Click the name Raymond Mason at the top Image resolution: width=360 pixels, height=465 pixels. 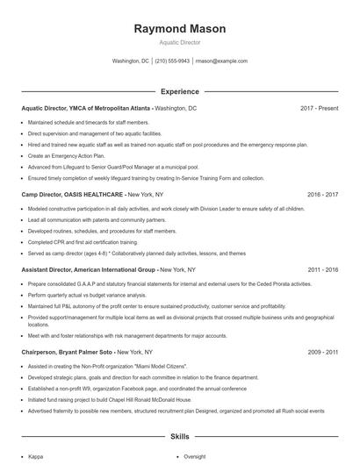(x=179, y=29)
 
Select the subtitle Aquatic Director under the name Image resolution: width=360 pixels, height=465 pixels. (x=179, y=42)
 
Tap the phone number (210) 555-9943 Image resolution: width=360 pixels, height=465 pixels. (x=173, y=61)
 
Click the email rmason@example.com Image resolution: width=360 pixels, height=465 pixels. (x=221, y=61)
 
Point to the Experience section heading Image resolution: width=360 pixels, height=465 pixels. (x=179, y=91)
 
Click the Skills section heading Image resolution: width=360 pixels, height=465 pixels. (x=179, y=436)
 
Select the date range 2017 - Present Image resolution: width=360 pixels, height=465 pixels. (x=319, y=108)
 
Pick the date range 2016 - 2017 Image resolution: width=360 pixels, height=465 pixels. (x=320, y=193)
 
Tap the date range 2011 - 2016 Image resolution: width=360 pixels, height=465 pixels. (x=320, y=269)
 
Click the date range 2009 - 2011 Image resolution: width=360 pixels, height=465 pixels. (x=320, y=351)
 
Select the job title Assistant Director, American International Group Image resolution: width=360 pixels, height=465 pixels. (x=89, y=269)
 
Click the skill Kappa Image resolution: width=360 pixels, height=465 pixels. (x=36, y=455)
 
